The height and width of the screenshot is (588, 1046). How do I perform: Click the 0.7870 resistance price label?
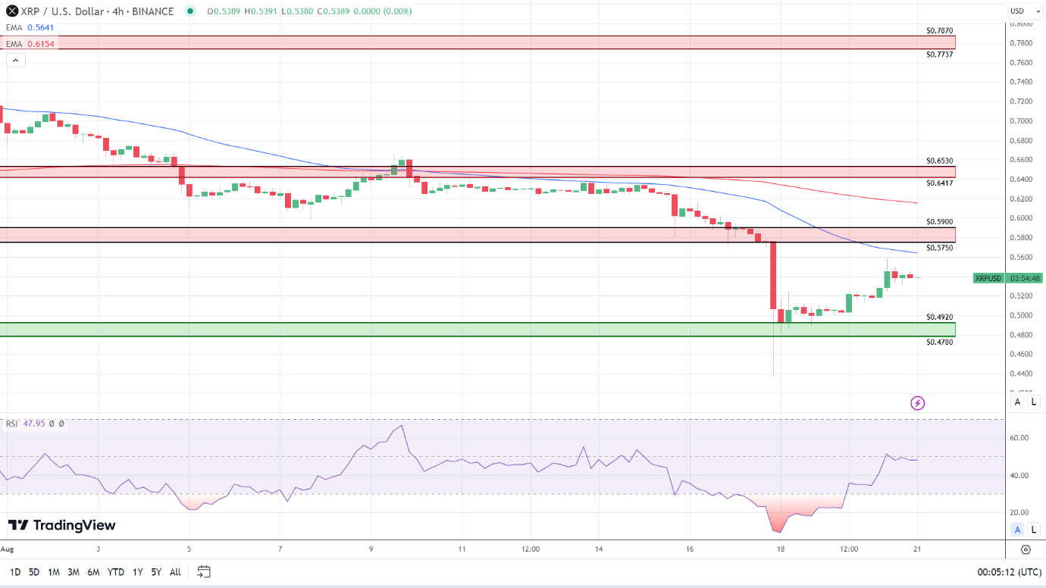click(939, 31)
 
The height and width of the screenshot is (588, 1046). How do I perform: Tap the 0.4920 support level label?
click(939, 317)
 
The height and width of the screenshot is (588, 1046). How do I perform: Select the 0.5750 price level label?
click(939, 248)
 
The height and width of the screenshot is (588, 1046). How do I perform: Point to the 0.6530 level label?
click(939, 161)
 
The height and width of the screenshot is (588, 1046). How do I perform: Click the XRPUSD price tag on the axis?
click(988, 278)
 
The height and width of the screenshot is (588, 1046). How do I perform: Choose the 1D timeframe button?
click(15, 572)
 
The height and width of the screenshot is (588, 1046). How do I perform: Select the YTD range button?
click(116, 572)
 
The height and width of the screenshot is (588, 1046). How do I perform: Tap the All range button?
click(175, 572)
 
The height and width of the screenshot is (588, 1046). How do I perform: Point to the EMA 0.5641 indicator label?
click(26, 27)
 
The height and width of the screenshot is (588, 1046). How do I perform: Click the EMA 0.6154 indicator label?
click(26, 44)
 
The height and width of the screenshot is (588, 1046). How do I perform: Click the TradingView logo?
click(62, 525)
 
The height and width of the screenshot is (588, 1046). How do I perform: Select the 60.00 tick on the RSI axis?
click(1019, 438)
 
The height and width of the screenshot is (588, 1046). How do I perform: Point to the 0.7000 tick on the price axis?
click(1021, 121)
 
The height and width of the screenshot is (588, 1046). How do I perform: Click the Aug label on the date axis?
click(8, 549)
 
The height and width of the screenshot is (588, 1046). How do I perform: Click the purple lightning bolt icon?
click(917, 403)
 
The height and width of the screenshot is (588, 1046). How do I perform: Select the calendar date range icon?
click(203, 571)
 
